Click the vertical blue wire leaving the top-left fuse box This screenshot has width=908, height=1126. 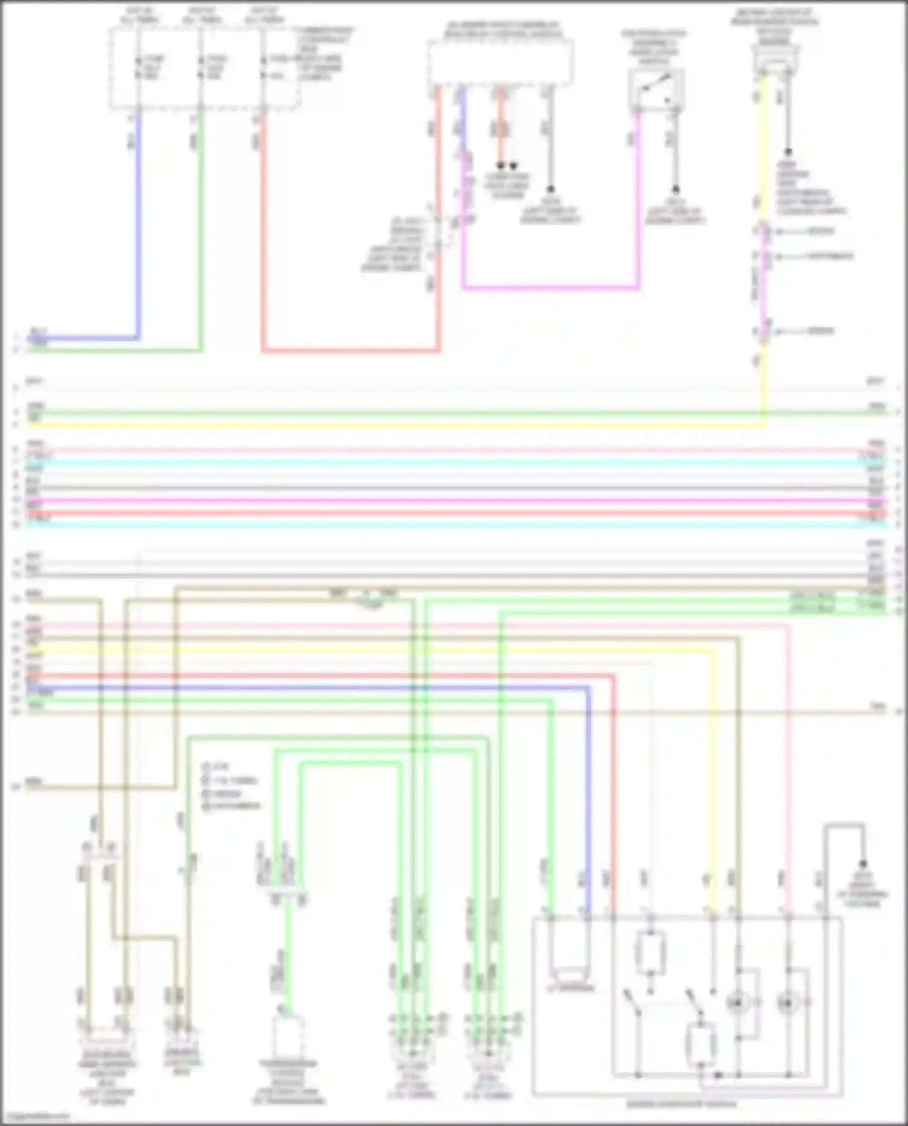tap(139, 230)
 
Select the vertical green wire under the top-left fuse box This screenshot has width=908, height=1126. tap(201, 230)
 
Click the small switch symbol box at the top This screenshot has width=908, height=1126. tap(656, 90)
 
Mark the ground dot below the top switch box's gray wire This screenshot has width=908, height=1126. tap(676, 189)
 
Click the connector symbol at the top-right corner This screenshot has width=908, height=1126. tap(775, 61)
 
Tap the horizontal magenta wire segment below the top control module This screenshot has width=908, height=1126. tap(551, 289)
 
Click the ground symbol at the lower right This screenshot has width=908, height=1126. tap(863, 864)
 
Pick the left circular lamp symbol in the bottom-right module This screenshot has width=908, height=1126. tap(738, 1003)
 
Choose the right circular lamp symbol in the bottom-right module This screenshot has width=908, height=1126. tap(788, 1003)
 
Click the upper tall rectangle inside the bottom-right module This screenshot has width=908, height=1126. tap(651, 954)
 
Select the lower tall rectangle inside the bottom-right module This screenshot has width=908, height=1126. tap(700, 1045)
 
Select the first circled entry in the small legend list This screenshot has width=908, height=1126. tap(206, 767)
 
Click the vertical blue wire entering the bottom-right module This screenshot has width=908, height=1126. tap(588, 799)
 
